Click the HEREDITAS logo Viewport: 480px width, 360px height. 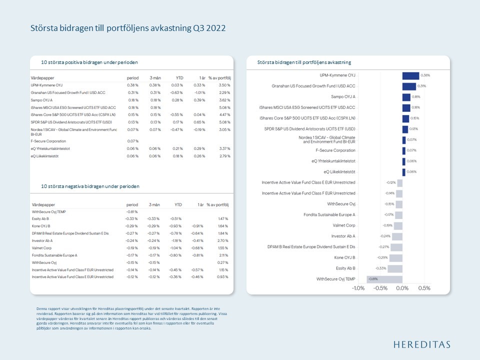(x=421, y=344)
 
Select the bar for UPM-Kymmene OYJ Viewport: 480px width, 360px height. (x=410, y=75)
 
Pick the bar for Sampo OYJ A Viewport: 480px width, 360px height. (x=406, y=97)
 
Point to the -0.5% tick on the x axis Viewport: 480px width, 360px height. (x=380, y=288)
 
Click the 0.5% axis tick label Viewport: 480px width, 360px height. (x=424, y=288)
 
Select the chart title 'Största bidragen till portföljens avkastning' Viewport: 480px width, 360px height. (x=304, y=62)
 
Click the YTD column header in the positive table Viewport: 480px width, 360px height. (x=178, y=78)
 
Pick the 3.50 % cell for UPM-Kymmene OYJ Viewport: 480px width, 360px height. (x=224, y=85)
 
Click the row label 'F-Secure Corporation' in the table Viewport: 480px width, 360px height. (x=48, y=141)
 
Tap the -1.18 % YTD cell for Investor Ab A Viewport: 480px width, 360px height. (x=177, y=240)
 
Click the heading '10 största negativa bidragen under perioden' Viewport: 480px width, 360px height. (x=90, y=186)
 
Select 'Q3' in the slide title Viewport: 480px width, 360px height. (x=193, y=28)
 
